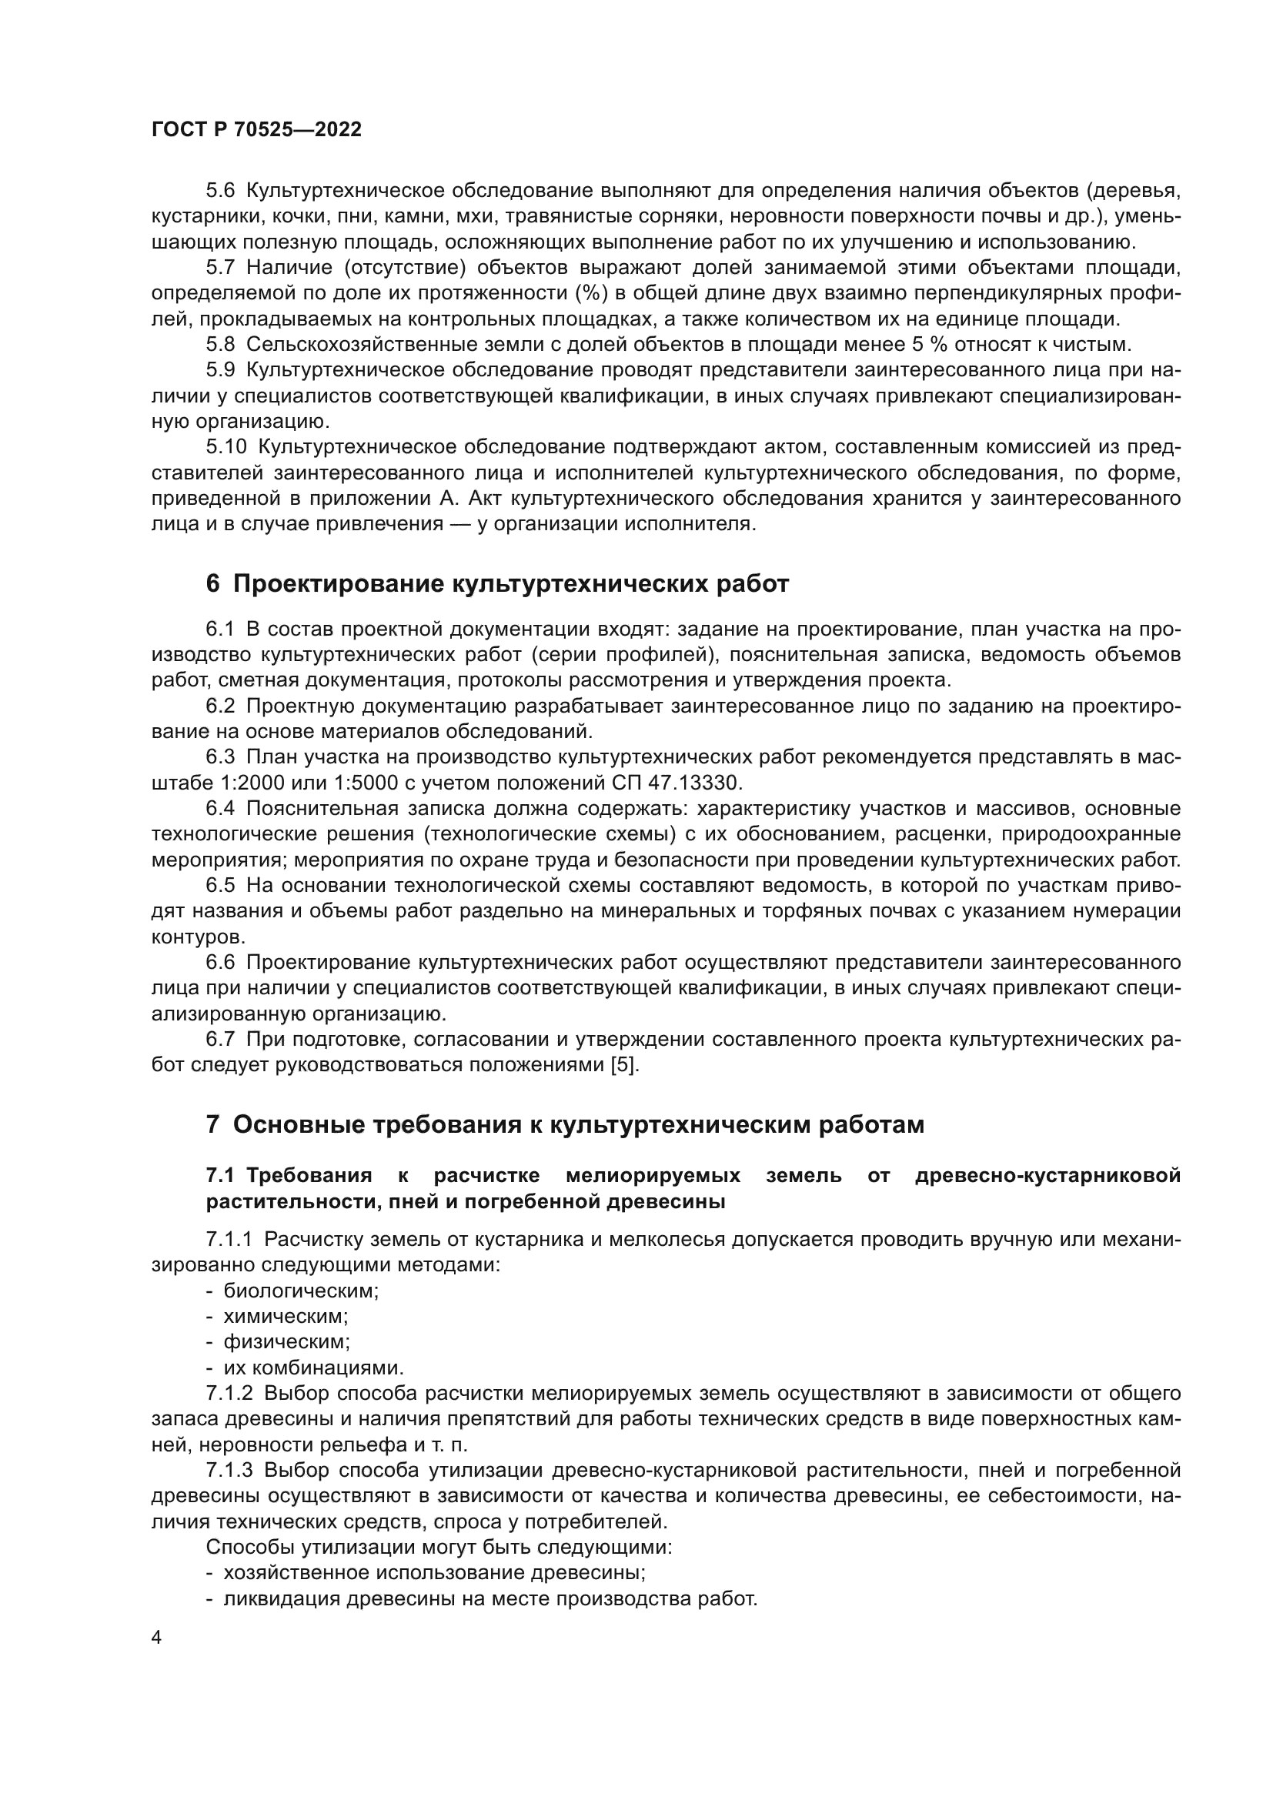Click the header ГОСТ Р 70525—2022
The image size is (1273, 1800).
[x=256, y=130]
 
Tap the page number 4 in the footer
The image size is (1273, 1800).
[x=157, y=1637]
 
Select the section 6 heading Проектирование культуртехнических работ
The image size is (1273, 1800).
[x=497, y=584]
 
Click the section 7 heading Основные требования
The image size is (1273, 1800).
[x=564, y=1125]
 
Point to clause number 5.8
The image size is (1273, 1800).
[x=220, y=344]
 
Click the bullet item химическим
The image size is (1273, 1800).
[x=286, y=1316]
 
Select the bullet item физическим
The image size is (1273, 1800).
[x=287, y=1342]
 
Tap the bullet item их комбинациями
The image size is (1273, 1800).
[x=313, y=1368]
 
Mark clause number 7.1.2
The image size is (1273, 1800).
[x=229, y=1394]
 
